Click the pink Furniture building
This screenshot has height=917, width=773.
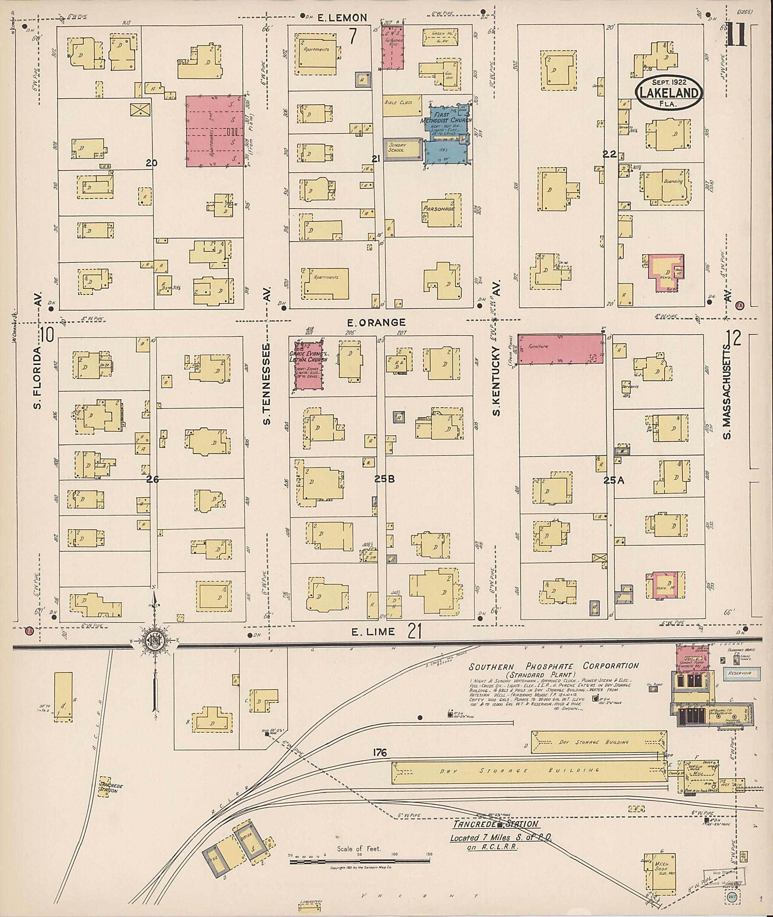click(560, 349)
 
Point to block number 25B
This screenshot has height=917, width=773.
click(384, 479)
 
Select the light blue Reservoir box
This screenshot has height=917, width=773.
click(739, 673)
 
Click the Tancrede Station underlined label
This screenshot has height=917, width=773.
click(495, 824)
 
